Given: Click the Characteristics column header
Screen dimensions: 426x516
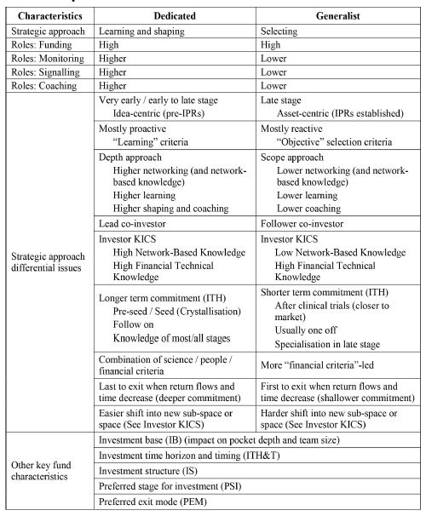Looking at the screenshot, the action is click(47, 15).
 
